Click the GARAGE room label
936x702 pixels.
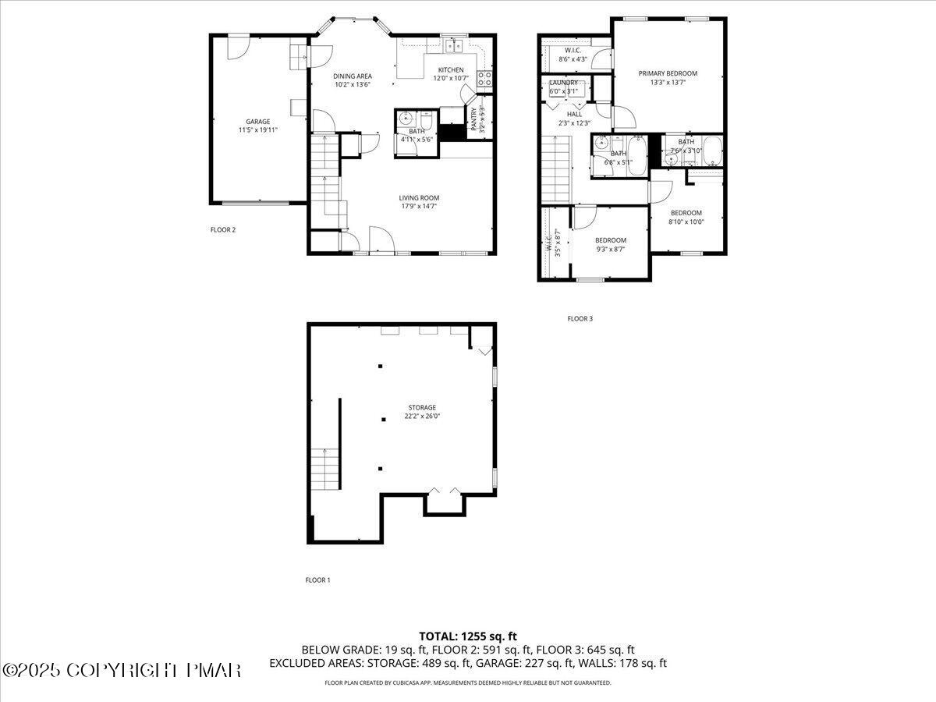257,122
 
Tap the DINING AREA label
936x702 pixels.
353,76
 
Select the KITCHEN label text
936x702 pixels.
451,70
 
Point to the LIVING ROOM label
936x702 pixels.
420,198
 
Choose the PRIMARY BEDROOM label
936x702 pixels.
668,73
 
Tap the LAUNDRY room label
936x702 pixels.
564,83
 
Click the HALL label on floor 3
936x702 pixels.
574,114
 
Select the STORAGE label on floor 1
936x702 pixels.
422,407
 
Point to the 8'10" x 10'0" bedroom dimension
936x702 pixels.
686,222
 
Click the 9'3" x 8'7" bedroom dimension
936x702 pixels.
610,250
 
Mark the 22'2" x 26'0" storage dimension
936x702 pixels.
422,417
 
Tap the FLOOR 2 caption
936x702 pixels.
223,229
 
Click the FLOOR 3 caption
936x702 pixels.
580,318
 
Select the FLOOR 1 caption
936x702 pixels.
317,580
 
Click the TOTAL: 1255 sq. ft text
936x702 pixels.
468,636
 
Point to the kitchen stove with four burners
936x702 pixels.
484,77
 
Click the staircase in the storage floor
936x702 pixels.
325,470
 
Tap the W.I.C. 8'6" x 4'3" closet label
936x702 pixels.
573,55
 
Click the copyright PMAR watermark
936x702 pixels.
122,670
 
